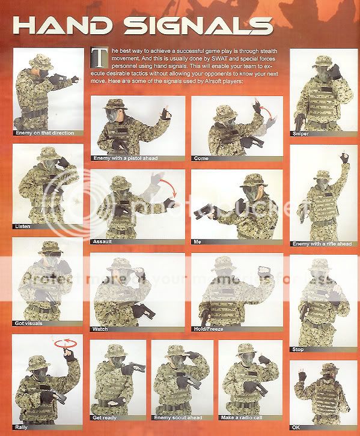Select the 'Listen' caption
click(x=23, y=226)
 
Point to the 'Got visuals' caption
click(x=29, y=323)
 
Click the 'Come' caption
click(x=201, y=159)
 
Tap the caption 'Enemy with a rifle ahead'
click(x=319, y=244)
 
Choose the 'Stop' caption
click(x=299, y=349)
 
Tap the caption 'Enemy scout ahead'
click(x=177, y=418)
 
